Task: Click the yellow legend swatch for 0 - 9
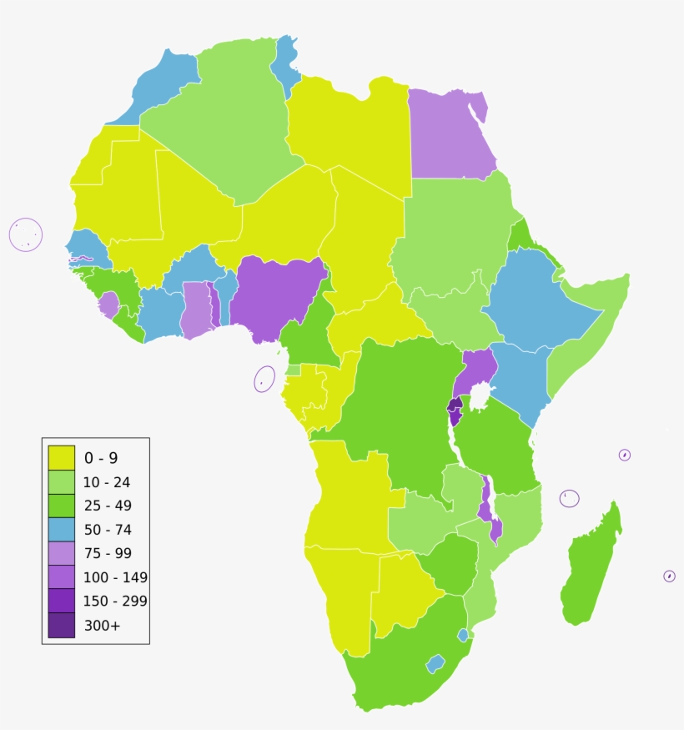tap(61, 457)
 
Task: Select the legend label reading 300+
tap(102, 625)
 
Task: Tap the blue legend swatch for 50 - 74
tap(61, 529)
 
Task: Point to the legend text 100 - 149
tap(116, 577)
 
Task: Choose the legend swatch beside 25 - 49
tap(61, 506)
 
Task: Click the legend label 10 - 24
tap(107, 481)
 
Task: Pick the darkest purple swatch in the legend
tap(61, 625)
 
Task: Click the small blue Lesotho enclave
tap(435, 664)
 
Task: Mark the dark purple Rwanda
tap(455, 404)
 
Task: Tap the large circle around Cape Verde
tap(26, 234)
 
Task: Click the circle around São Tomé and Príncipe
tap(264, 380)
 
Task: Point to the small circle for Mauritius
tap(669, 576)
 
